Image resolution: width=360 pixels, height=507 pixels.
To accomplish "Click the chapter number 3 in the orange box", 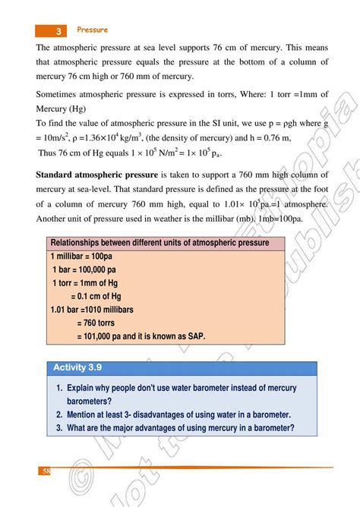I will [x=58, y=30].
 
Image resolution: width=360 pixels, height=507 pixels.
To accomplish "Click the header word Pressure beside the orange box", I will [x=92, y=30].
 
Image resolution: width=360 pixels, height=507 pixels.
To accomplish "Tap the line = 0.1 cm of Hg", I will [x=96, y=296].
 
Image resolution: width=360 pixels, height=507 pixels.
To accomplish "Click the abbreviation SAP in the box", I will [x=194, y=336].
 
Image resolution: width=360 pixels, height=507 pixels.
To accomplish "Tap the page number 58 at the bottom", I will [x=46, y=471].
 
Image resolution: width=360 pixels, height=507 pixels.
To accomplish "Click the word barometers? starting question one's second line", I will [x=90, y=401].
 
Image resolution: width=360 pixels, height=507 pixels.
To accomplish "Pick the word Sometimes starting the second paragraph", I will [x=59, y=95].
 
